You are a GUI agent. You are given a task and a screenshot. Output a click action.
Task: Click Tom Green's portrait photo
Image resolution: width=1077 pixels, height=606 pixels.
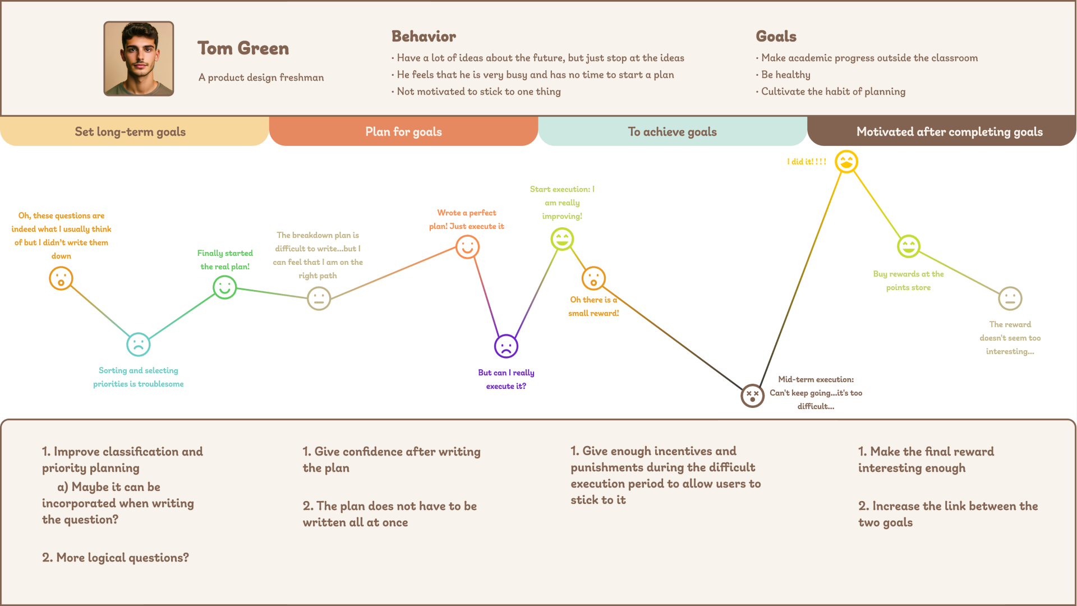tap(139, 58)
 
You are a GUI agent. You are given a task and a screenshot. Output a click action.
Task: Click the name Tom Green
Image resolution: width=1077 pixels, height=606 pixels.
tap(243, 48)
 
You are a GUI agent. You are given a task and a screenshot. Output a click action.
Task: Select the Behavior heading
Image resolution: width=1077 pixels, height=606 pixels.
tap(424, 36)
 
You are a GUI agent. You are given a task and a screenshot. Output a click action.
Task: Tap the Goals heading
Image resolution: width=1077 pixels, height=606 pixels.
tap(776, 36)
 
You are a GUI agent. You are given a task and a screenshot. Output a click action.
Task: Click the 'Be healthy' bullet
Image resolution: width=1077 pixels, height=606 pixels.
tap(785, 75)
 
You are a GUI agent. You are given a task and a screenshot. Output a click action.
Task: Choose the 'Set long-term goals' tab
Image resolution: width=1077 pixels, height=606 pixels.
tap(130, 132)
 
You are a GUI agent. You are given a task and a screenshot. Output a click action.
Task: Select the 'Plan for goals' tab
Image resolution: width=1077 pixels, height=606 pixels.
tap(403, 132)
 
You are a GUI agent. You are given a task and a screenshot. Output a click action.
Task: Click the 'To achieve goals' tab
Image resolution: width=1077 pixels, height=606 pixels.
tap(672, 132)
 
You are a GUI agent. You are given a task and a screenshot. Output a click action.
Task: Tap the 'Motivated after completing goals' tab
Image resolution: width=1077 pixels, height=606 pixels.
tap(949, 132)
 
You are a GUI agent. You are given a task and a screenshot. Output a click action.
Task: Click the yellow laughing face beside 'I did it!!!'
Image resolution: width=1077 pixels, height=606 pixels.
tap(846, 162)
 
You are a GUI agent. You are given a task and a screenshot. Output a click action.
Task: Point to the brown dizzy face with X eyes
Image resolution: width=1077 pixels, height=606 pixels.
tap(752, 396)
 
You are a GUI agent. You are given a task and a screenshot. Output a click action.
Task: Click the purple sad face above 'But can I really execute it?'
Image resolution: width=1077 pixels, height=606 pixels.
tap(506, 346)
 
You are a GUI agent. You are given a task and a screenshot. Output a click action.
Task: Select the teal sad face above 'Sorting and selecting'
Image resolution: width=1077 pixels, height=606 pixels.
tap(139, 345)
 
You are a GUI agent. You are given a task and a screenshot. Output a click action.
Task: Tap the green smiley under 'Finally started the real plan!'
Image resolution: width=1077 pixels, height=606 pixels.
tap(224, 287)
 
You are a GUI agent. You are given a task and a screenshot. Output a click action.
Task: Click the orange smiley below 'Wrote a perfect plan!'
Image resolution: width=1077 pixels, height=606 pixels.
tap(467, 247)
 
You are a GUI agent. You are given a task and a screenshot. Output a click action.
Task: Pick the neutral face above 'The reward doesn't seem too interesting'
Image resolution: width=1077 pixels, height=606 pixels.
tap(1010, 299)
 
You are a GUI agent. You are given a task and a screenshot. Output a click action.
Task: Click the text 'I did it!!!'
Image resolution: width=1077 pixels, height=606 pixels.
tap(806, 162)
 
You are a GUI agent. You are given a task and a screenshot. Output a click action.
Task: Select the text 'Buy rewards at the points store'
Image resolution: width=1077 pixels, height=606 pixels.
tap(908, 281)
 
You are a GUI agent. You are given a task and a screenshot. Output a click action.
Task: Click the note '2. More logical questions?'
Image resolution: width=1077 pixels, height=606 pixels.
tap(116, 558)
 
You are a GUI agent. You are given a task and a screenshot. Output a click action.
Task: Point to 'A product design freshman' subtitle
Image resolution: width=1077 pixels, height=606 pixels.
tap(261, 77)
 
